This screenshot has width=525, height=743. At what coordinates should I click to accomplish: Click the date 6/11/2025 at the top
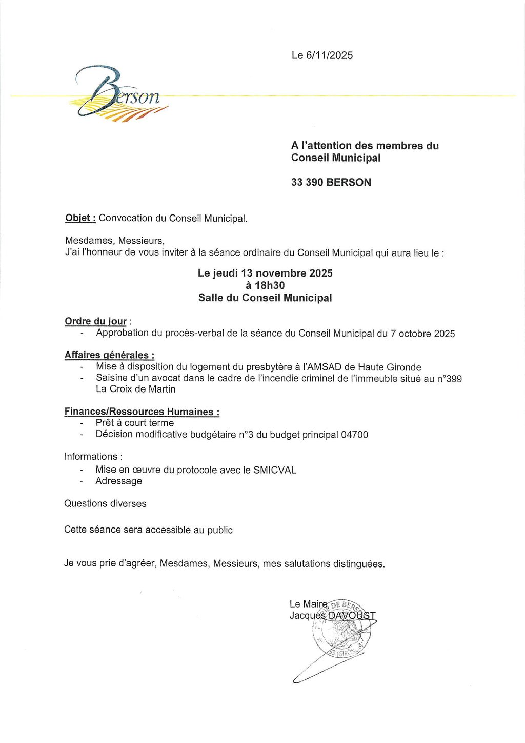[329, 55]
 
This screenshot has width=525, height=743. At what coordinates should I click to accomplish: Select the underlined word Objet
[79, 218]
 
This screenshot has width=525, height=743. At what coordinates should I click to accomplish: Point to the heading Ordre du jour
[95, 321]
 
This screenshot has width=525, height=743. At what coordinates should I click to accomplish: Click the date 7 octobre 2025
[422, 334]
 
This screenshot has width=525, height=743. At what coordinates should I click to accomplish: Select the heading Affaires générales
[109, 355]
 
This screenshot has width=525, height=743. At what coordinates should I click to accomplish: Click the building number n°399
[449, 379]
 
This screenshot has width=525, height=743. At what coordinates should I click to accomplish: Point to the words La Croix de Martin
[135, 389]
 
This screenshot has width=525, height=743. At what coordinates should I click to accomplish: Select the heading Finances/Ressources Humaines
[142, 412]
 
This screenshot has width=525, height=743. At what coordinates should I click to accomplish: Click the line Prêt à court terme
[134, 423]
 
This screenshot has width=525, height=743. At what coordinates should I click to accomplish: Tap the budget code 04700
[354, 435]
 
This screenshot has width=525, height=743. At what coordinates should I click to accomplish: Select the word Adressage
[118, 481]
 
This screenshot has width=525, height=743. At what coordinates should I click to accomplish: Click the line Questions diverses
[105, 503]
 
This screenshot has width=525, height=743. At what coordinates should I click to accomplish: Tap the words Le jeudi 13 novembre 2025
[265, 273]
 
